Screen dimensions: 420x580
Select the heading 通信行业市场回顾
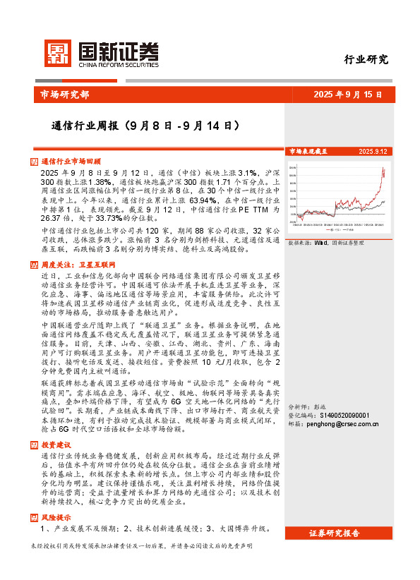pos(71,162)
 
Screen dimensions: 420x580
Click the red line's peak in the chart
pos(383,169)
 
